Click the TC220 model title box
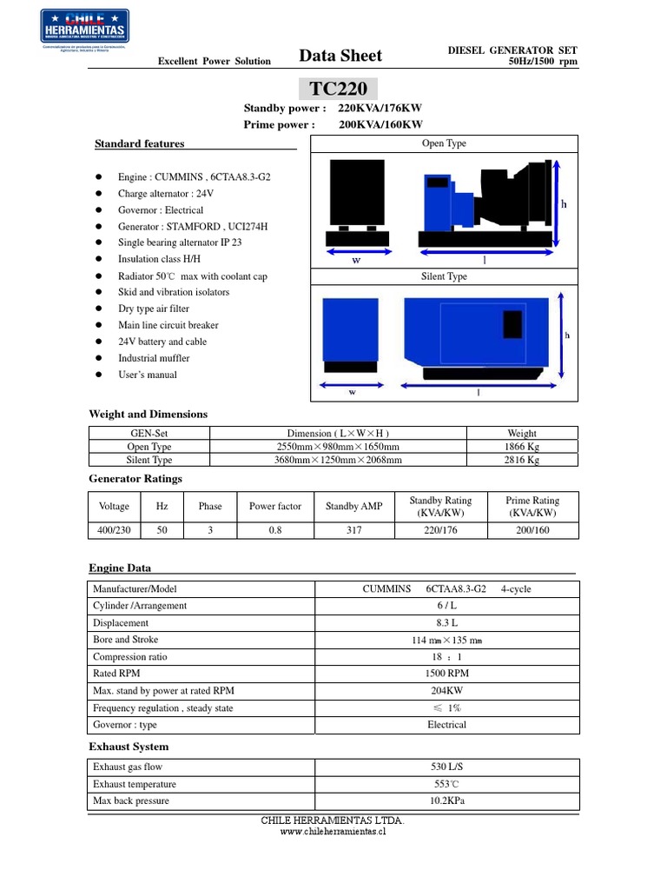[339, 88]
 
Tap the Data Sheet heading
[340, 56]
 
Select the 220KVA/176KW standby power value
[380, 109]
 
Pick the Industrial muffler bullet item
[154, 358]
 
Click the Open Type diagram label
[444, 143]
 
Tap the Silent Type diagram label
[444, 276]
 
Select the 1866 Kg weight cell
[522, 447]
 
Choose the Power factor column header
[275, 507]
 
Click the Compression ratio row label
[130, 657]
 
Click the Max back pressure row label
[130, 800]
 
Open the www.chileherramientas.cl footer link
[333, 831]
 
